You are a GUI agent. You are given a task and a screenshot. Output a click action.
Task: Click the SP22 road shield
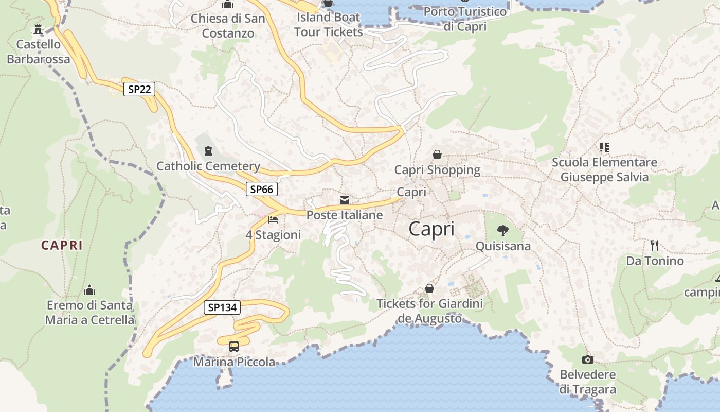click(139, 89)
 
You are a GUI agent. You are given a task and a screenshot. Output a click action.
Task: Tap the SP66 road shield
click(261, 189)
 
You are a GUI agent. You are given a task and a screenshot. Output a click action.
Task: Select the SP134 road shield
click(222, 307)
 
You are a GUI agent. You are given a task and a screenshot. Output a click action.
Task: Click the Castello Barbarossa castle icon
click(38, 28)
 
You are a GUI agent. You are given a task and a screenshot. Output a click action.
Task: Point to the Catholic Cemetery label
click(208, 166)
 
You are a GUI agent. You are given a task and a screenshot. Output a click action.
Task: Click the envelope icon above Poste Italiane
click(344, 200)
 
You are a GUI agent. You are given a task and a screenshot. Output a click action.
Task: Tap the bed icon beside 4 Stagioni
click(273, 220)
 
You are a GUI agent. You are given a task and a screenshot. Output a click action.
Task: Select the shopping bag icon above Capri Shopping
click(437, 154)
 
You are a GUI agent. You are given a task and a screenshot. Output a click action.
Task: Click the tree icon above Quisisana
click(502, 230)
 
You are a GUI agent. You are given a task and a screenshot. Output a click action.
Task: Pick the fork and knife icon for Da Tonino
click(654, 245)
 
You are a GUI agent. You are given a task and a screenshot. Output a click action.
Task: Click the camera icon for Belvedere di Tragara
click(587, 359)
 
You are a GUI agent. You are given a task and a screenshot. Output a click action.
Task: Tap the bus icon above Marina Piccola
click(234, 346)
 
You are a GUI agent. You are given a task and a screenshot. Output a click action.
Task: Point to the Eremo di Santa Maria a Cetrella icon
click(89, 290)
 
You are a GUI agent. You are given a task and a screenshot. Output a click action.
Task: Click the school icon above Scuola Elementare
click(604, 147)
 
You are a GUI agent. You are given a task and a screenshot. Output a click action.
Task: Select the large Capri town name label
click(431, 229)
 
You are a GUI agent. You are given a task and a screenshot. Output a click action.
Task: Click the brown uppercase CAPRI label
click(62, 245)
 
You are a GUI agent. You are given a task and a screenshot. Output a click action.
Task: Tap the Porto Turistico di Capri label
click(465, 19)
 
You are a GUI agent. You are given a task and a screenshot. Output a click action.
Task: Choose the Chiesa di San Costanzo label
click(228, 26)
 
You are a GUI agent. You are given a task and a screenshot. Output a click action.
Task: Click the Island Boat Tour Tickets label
click(329, 24)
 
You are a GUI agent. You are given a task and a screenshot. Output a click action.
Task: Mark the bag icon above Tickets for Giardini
click(429, 288)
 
